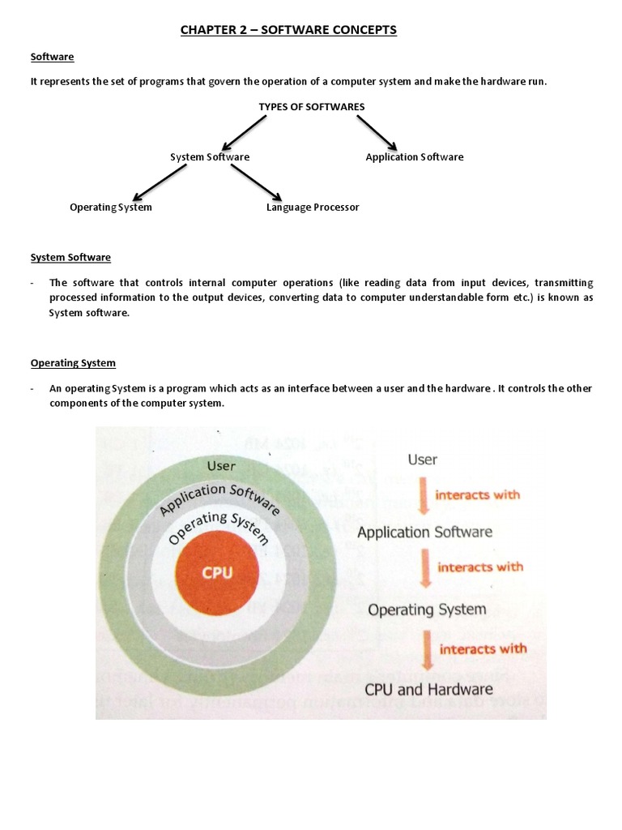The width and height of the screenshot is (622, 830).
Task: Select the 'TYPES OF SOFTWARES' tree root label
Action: point(312,107)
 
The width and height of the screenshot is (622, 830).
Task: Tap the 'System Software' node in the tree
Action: point(210,157)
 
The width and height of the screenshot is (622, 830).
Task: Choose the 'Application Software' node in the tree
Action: point(415,157)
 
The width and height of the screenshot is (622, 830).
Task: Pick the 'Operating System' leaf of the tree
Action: point(111,207)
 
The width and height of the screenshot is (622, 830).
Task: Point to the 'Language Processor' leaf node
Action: point(313,207)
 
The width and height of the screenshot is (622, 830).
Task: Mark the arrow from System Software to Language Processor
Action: point(256,182)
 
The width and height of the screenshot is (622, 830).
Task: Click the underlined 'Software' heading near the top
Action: point(53,57)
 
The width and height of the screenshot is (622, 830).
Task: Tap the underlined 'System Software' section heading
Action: point(70,258)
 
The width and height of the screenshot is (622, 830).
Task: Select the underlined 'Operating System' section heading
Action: point(73,363)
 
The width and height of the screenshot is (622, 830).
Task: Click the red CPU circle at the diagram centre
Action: point(217,572)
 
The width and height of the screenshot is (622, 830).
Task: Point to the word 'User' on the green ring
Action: point(221,466)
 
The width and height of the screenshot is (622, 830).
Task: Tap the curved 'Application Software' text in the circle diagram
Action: point(219,497)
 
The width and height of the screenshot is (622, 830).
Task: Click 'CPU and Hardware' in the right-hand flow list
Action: point(428,690)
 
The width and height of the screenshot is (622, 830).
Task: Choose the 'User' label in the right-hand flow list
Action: point(423,460)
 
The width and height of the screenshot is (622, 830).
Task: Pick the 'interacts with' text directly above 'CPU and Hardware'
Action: point(483,648)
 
